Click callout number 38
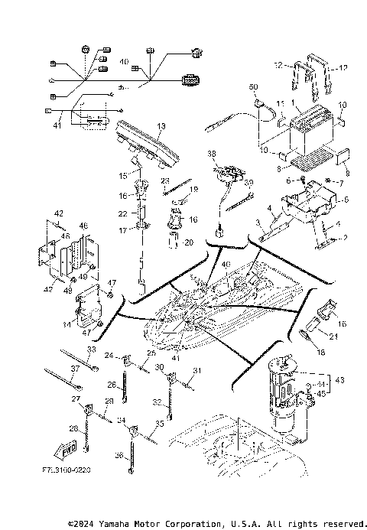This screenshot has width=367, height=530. click(x=212, y=153)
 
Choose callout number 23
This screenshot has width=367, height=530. click(x=165, y=181)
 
